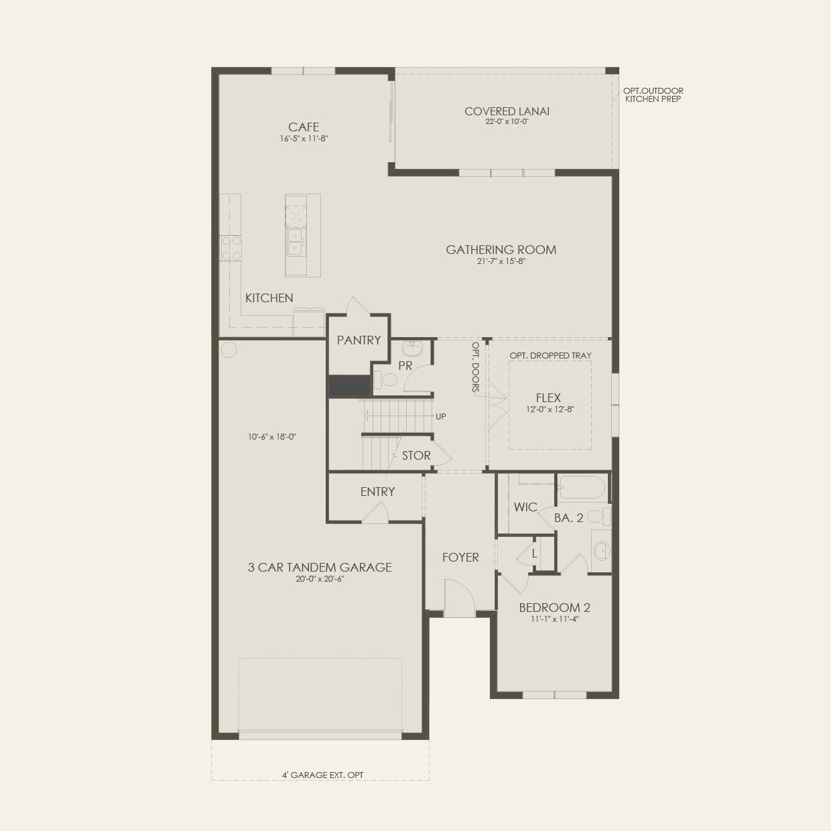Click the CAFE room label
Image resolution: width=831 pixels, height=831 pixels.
click(x=304, y=127)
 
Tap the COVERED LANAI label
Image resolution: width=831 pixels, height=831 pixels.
click(x=507, y=111)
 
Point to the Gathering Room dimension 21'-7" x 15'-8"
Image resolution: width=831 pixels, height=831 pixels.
click(x=501, y=261)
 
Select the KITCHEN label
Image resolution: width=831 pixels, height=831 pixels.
click(x=269, y=298)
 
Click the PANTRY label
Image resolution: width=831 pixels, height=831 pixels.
click(x=359, y=340)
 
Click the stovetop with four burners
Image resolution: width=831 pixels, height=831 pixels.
click(x=231, y=249)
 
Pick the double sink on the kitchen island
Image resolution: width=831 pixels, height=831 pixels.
click(x=296, y=242)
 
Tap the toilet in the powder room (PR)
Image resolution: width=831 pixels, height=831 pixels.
click(x=386, y=380)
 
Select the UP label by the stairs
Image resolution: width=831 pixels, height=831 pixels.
click(x=441, y=417)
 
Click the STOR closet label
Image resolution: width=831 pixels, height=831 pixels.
click(x=416, y=456)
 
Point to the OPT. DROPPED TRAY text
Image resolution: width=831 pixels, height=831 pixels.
click(x=550, y=355)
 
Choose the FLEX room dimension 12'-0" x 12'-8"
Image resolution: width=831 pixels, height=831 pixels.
click(x=550, y=409)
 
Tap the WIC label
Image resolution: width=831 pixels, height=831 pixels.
click(x=525, y=507)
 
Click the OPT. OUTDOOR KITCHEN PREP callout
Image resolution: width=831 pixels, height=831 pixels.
click(x=653, y=95)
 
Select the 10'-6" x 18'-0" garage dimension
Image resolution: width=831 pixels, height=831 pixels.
click(x=271, y=437)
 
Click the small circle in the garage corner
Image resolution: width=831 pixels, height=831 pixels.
click(x=229, y=350)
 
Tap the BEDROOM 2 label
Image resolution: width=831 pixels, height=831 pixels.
click(x=555, y=608)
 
